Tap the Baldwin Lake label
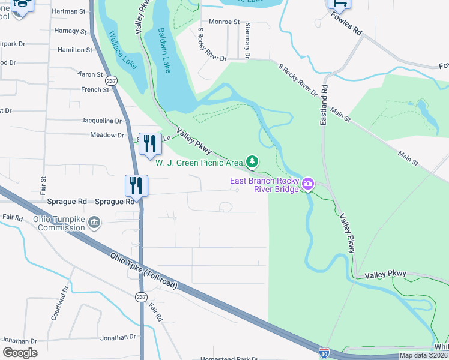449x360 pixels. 164,50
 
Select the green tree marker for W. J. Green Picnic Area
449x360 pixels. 253,161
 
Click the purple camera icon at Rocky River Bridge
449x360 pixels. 308,183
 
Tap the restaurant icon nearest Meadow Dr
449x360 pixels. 150,143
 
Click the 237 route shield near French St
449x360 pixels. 110,80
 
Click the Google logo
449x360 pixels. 20,353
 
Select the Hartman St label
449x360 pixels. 69,11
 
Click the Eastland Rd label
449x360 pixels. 324,105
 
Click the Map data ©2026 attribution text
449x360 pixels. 423,355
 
